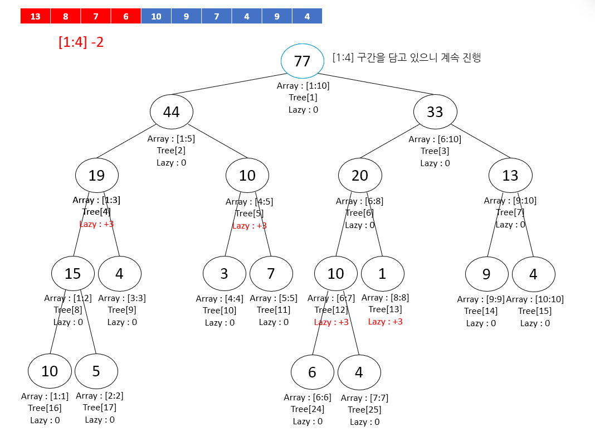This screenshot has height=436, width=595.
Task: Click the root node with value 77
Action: [x=302, y=61]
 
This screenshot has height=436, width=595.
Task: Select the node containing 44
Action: [x=171, y=112]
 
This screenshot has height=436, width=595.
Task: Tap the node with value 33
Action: [x=435, y=112]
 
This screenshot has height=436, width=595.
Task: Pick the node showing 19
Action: [x=97, y=176]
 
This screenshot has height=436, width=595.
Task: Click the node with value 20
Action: [x=360, y=176]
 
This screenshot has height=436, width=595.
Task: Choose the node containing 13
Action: [x=510, y=176]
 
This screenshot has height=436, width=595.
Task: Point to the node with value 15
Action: [x=73, y=273]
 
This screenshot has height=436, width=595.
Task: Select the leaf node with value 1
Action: [x=382, y=273]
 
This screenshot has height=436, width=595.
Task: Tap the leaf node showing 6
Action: [x=312, y=372]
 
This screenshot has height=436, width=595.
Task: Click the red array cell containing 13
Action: [x=35, y=16]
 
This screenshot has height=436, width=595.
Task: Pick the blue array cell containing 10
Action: [x=156, y=16]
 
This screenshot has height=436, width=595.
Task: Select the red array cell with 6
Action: [x=126, y=16]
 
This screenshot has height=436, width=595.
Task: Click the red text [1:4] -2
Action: [x=81, y=42]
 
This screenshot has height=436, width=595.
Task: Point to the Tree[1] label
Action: [x=303, y=98]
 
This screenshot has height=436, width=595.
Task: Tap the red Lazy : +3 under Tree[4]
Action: [x=96, y=224]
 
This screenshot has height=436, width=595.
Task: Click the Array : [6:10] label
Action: [x=435, y=139]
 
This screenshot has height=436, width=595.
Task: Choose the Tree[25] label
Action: [x=364, y=410]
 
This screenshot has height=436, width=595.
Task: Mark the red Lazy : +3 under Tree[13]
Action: [x=385, y=322]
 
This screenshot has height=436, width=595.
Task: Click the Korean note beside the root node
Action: [x=406, y=57]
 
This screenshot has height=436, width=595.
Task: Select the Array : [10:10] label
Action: [x=534, y=299]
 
